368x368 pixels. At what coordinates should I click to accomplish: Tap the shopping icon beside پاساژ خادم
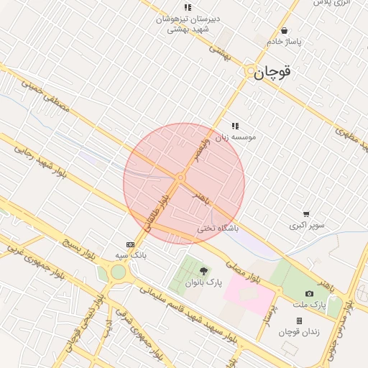(x=285, y=31)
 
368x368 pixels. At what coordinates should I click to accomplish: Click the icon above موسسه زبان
(x=235, y=125)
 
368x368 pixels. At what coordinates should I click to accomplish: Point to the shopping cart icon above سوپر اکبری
(x=307, y=214)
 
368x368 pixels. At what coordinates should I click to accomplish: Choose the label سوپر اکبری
(x=307, y=225)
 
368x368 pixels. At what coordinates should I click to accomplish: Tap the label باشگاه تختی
(x=218, y=229)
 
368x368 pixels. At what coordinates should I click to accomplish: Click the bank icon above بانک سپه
(x=130, y=244)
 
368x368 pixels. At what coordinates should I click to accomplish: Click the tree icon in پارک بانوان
(x=204, y=272)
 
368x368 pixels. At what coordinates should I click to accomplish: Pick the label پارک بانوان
(x=204, y=283)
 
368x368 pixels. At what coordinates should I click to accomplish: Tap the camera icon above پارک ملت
(x=309, y=293)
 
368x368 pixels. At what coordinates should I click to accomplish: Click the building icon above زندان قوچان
(x=299, y=321)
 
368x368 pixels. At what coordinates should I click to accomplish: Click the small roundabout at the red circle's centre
(x=180, y=177)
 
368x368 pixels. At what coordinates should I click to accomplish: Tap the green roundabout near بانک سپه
(x=118, y=272)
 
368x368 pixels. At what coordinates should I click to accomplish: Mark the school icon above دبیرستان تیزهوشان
(x=188, y=7)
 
